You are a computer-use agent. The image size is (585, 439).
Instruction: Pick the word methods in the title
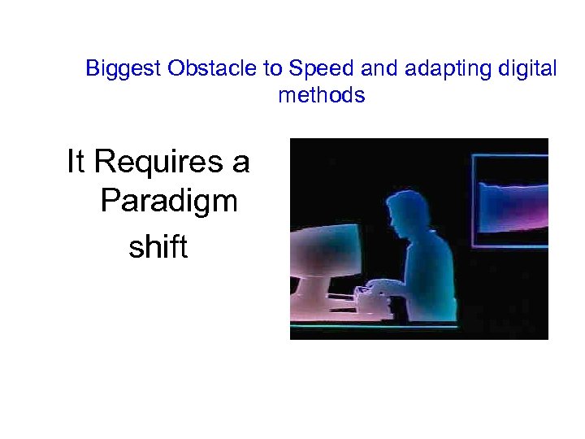pos(322,95)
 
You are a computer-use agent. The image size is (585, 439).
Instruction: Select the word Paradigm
pos(169,201)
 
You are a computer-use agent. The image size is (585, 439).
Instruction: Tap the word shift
pos(158,247)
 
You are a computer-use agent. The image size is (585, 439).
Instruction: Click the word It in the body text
pos(76,163)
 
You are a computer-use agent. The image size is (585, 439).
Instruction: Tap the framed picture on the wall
pos(512,200)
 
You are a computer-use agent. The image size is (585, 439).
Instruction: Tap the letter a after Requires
pos(240,163)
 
